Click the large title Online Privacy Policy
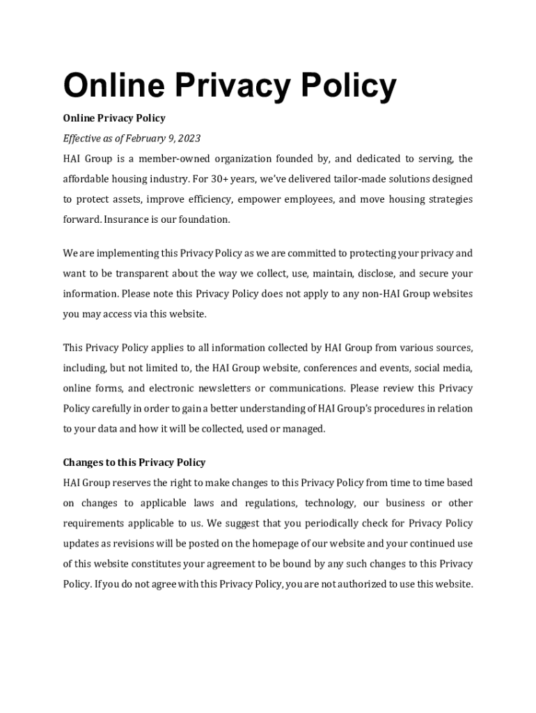230,86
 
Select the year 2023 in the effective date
189,139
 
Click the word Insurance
129,219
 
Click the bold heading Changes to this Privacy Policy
134,462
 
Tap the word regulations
275,503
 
